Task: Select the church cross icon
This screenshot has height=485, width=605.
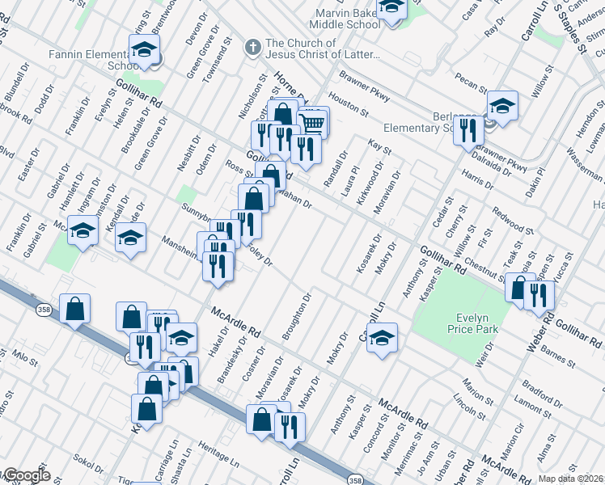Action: pos(252,46)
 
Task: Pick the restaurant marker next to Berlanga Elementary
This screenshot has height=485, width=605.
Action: pos(468,129)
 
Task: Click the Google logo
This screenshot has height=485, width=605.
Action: pos(26,475)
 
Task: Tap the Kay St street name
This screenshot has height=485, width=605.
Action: pos(379,145)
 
